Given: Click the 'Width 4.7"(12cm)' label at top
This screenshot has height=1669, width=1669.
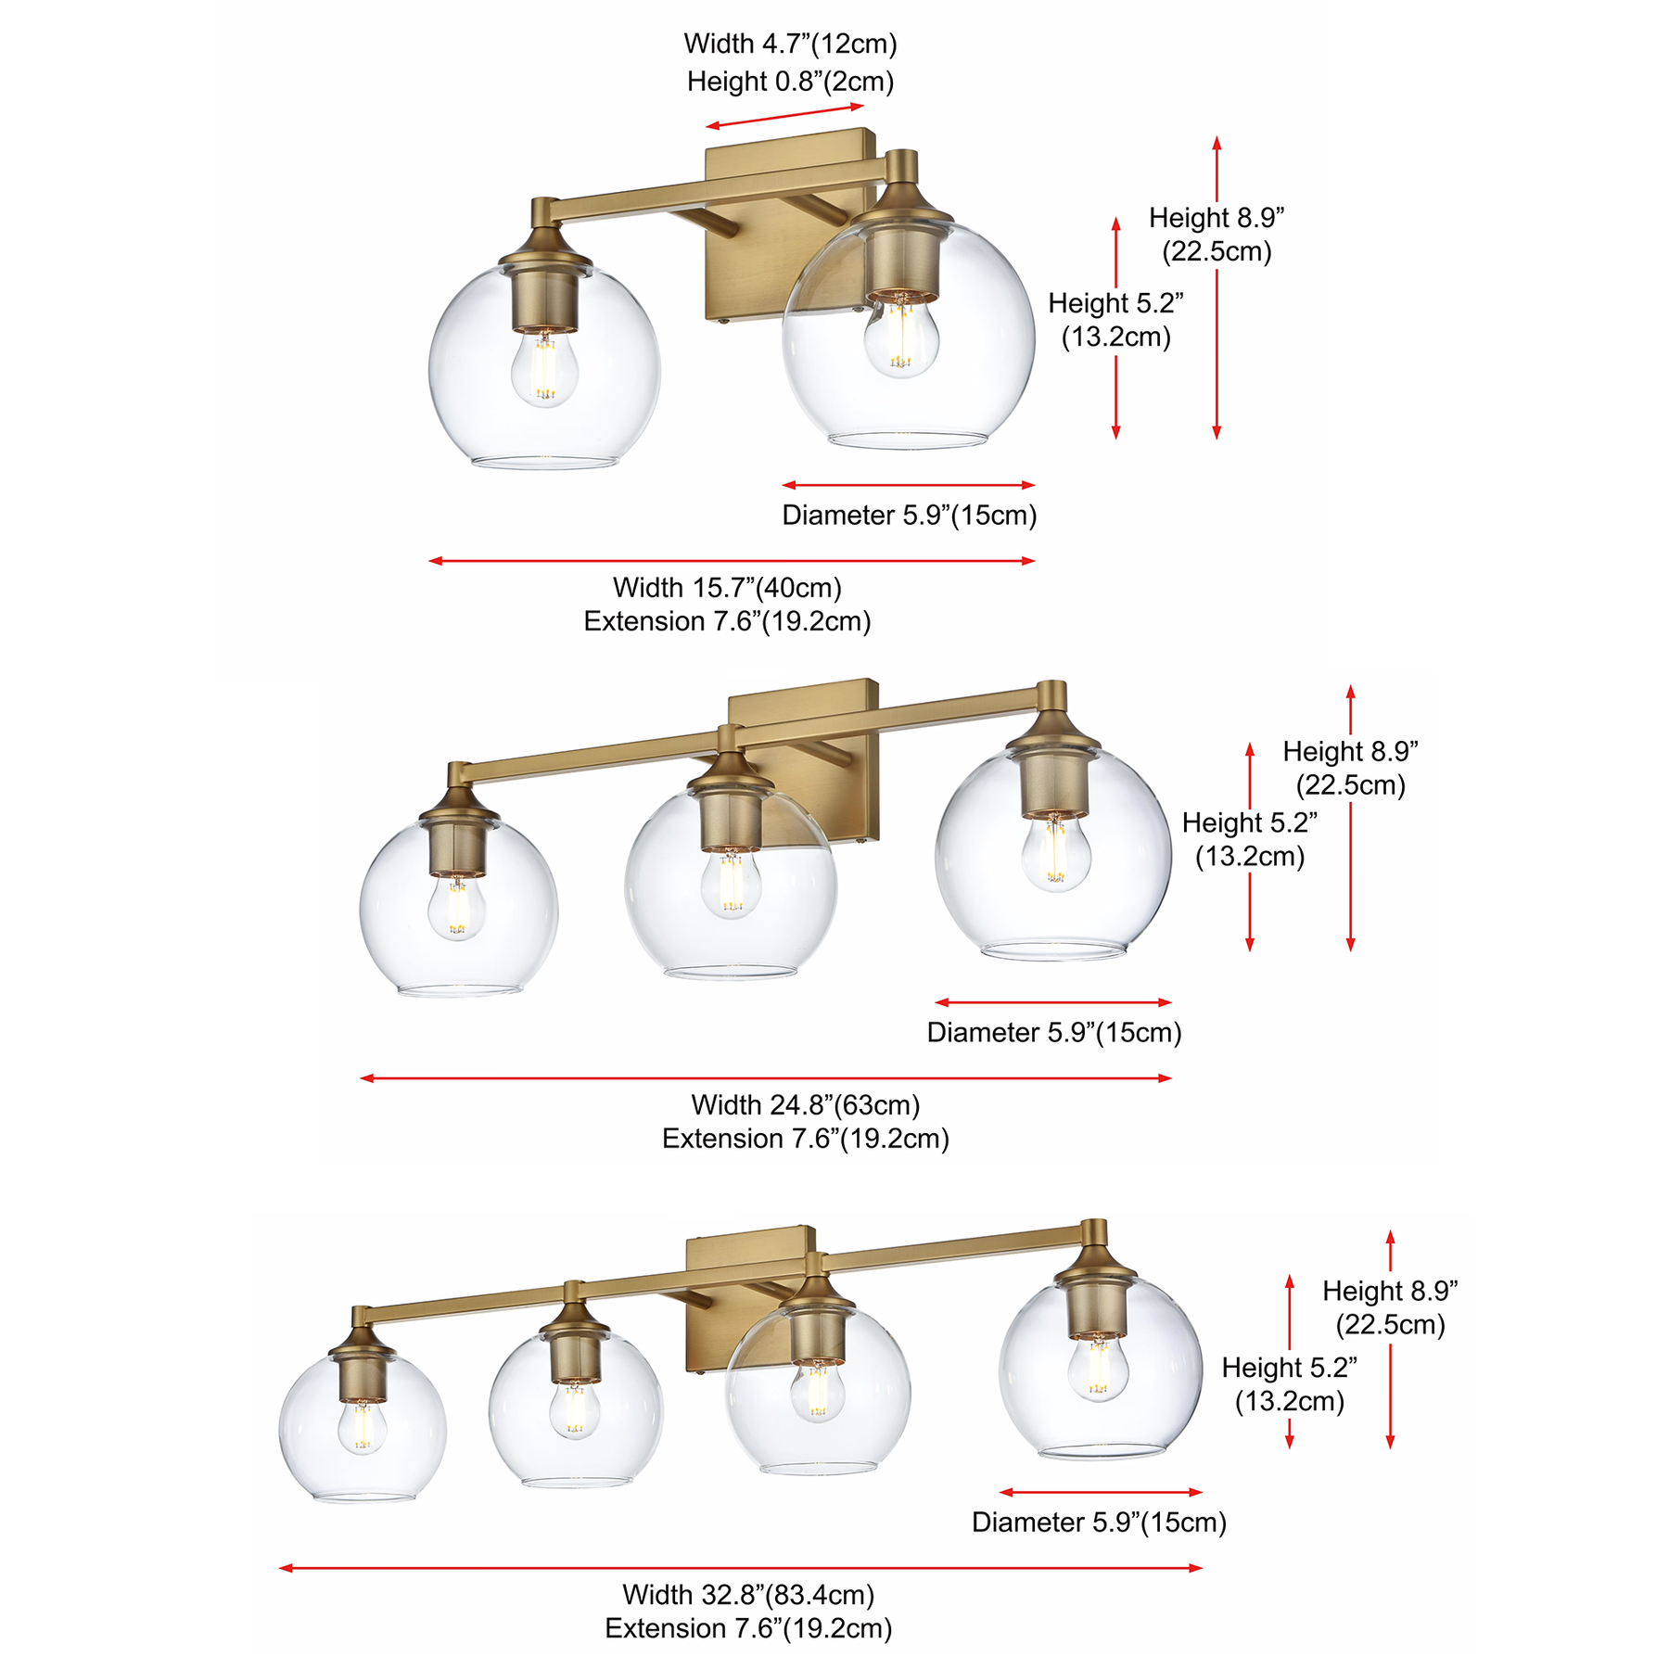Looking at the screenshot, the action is click(790, 44).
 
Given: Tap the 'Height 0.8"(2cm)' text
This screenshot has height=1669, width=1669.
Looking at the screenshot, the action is click(790, 82).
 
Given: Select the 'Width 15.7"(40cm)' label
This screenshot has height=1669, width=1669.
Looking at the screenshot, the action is click(727, 587).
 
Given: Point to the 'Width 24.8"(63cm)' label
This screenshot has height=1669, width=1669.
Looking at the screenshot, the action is click(805, 1104).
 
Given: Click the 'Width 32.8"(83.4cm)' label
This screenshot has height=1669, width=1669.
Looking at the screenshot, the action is click(748, 1594).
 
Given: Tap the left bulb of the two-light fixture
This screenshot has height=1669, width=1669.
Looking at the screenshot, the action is click(545, 368).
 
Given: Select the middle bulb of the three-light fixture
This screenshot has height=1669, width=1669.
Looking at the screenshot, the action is click(731, 884).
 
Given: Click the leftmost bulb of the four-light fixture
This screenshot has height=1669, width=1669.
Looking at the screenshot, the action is click(362, 1426).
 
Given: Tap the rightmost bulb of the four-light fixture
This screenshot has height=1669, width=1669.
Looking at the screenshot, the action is click(1098, 1369).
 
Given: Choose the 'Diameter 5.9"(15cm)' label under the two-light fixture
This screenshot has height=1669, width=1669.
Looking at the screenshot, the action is click(909, 515).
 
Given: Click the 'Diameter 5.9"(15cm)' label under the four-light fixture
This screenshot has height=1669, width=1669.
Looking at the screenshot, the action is click(1099, 1522).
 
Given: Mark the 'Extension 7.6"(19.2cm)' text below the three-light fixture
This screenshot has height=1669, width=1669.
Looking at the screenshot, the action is click(805, 1138).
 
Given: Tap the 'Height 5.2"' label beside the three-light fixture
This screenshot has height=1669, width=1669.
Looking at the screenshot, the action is click(1249, 822).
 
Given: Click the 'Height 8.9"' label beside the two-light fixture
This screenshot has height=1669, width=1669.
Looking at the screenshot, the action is click(1217, 218).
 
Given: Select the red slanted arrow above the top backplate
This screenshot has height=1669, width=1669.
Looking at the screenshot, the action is click(784, 116).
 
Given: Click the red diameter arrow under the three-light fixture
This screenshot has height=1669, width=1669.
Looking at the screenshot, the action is click(1053, 1002).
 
